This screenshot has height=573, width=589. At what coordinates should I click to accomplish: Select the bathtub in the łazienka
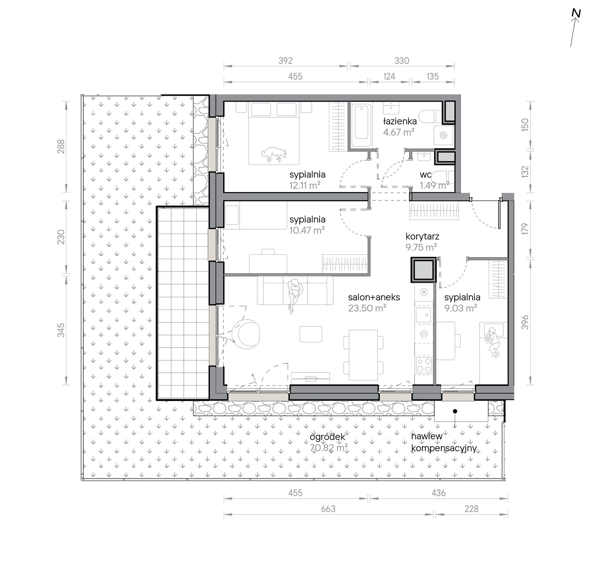pyautogui.click(x=361, y=126)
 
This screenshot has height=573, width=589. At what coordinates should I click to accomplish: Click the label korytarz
pyautogui.click(x=422, y=237)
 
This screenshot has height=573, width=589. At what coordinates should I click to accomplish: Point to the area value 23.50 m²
pyautogui.click(x=367, y=308)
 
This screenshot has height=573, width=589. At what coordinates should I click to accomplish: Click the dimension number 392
pyautogui.click(x=286, y=61)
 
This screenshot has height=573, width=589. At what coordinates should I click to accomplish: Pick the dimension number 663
pyautogui.click(x=328, y=509)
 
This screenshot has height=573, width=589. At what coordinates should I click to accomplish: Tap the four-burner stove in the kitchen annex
pyautogui.click(x=424, y=365)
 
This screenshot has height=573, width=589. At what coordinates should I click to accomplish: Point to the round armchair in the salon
pyautogui.click(x=246, y=334)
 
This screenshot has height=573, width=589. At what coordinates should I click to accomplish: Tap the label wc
pyautogui.click(x=425, y=175)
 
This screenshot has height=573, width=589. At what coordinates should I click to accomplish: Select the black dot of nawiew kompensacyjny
pyautogui.click(x=455, y=411)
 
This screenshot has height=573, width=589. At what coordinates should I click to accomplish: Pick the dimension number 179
pyautogui.click(x=525, y=229)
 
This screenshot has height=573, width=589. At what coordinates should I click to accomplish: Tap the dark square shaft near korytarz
pyautogui.click(x=422, y=270)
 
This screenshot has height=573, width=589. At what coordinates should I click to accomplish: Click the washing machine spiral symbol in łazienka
pyautogui.click(x=444, y=135)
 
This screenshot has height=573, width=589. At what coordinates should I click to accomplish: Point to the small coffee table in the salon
pyautogui.click(x=311, y=334)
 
